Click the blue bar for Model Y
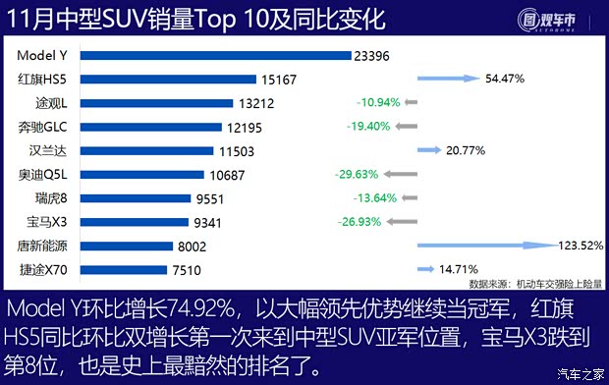coord(214,56)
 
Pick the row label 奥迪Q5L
coord(43,174)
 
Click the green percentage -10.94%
coord(378,102)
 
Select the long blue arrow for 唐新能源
coord(481,246)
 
